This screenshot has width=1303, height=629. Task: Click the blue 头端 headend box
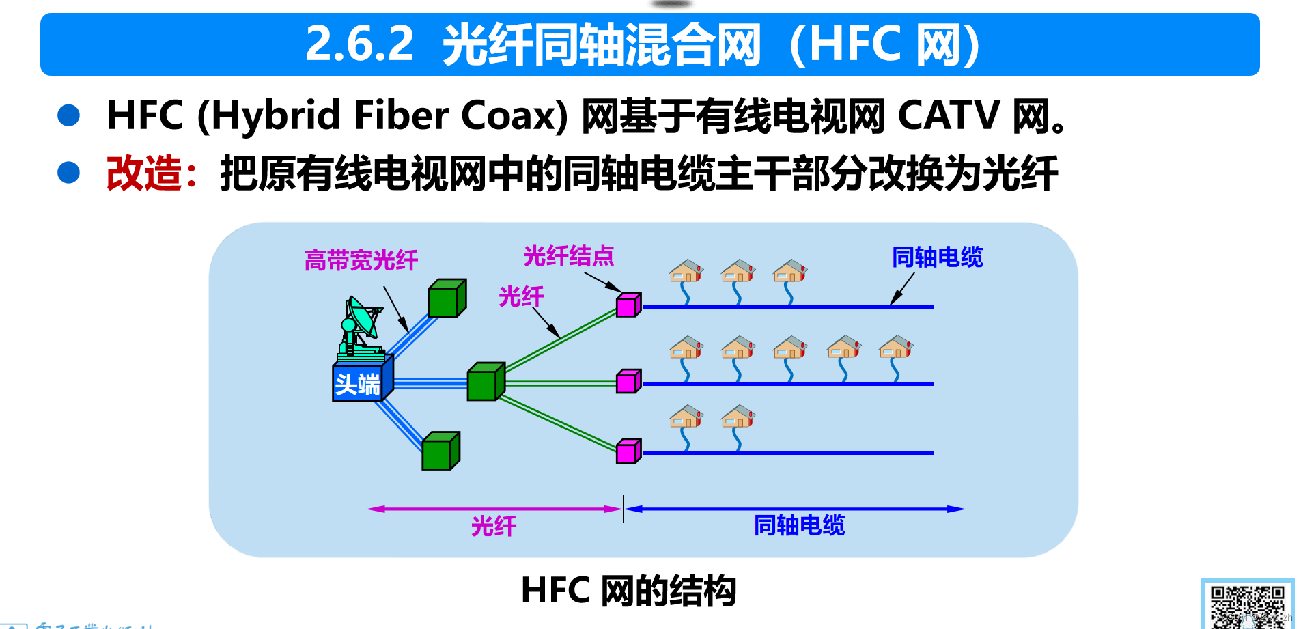[x=359, y=382]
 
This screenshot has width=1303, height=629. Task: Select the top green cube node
[x=447, y=298]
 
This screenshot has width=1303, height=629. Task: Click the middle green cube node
[x=485, y=382]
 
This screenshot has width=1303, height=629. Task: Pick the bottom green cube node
[x=440, y=451]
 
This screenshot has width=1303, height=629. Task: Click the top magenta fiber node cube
[x=628, y=305]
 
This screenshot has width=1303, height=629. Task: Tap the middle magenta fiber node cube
[x=628, y=382]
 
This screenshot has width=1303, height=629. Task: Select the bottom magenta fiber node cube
[x=628, y=451]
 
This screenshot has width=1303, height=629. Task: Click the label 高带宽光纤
[x=361, y=261]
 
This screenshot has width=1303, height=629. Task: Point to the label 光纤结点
[x=568, y=257]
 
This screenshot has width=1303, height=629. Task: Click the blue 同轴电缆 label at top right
[x=937, y=257]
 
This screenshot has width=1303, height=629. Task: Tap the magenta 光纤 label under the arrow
[x=493, y=526]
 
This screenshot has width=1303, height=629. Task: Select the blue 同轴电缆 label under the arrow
[x=799, y=525]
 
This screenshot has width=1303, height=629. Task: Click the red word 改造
[x=144, y=173]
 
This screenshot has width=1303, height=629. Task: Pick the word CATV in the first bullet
[x=948, y=115]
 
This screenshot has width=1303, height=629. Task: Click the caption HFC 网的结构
[x=628, y=591]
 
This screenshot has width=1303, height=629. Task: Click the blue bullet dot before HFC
[x=69, y=115]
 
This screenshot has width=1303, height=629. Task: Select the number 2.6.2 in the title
[x=359, y=44]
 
